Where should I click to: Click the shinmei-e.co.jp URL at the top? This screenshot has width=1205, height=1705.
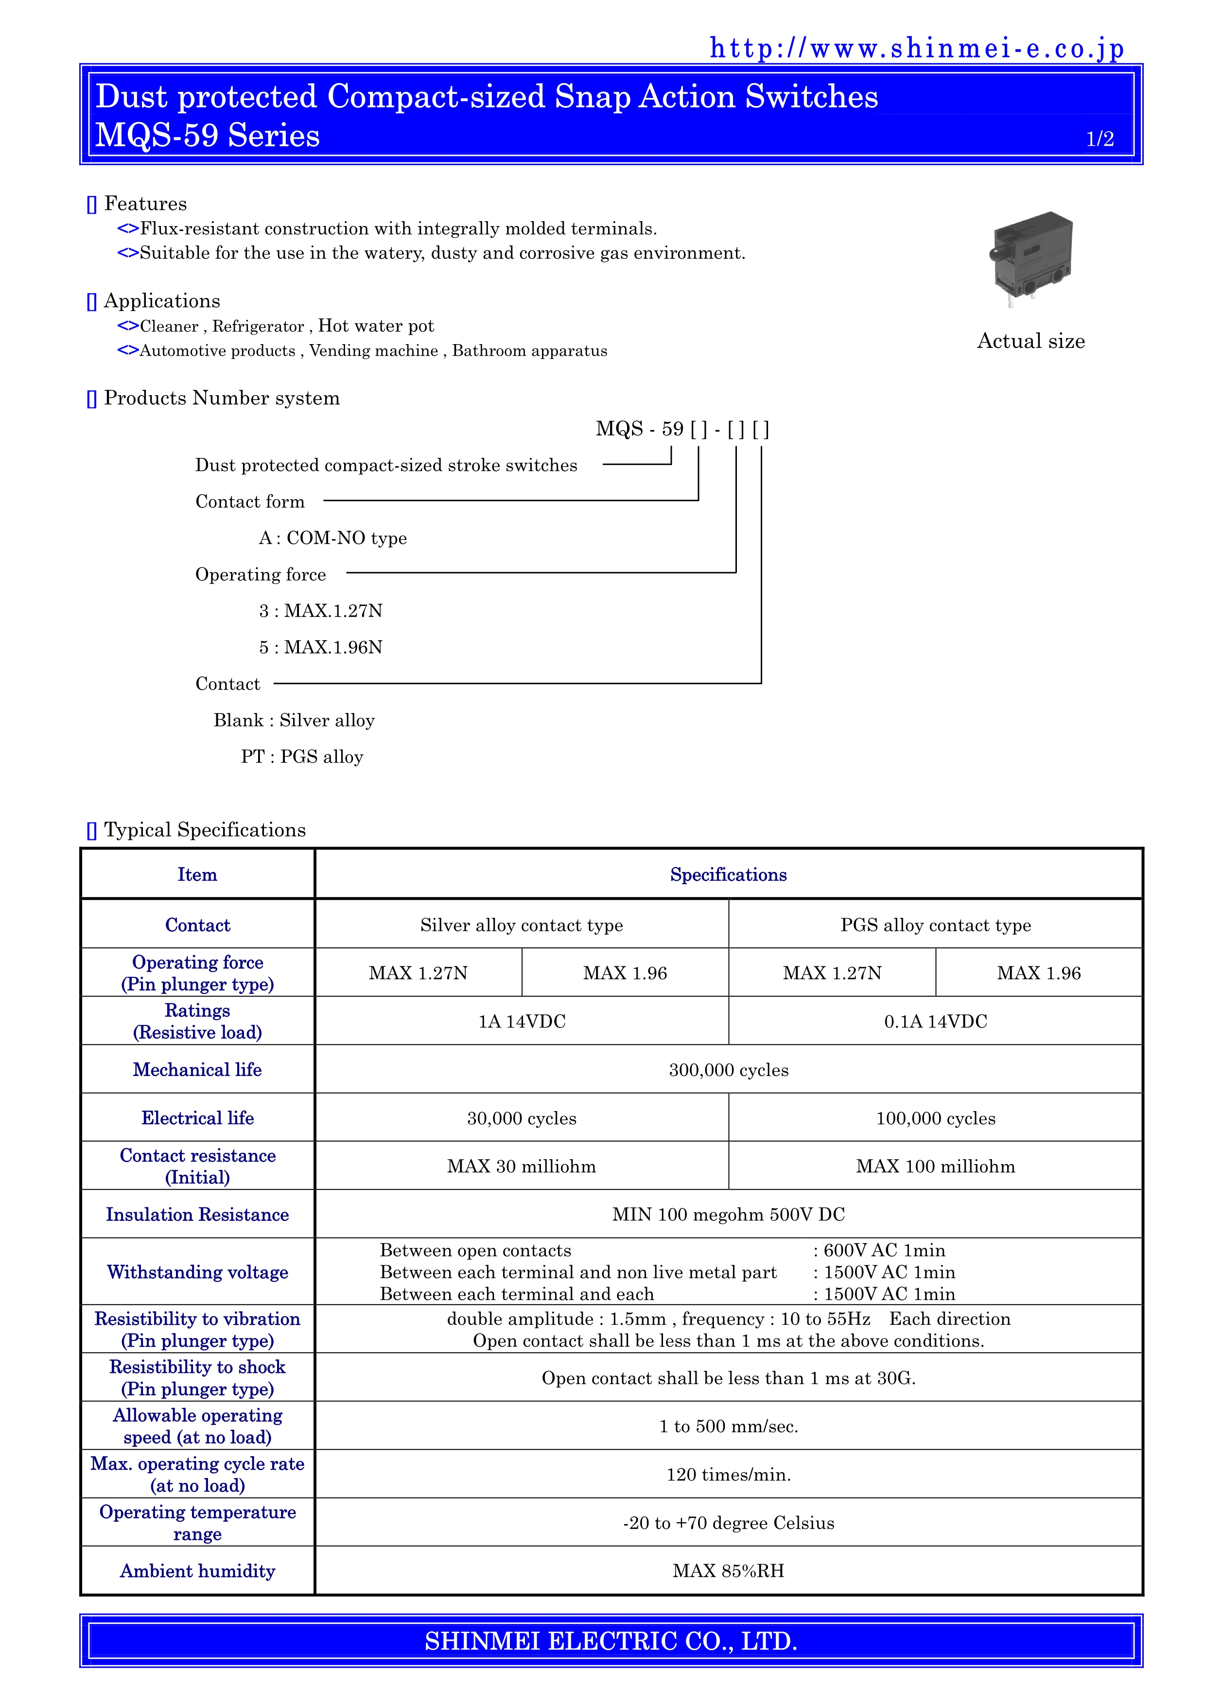pos(916,49)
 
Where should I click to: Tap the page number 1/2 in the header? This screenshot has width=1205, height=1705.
pos(1100,139)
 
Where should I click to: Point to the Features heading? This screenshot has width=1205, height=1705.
pos(145,204)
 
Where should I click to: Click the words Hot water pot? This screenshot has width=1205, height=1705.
pos(376,326)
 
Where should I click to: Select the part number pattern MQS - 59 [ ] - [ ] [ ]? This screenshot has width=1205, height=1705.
pos(682,429)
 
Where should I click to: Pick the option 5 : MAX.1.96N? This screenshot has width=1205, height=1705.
pos(321,647)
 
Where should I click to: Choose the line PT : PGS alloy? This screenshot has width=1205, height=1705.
pos(302,757)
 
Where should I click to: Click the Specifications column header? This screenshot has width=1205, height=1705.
pos(728,875)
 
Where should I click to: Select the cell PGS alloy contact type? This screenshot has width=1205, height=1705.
pos(936,925)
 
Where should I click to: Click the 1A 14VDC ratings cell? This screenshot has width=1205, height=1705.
pos(522,1022)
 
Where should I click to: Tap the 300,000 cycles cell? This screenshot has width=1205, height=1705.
pos(728,1070)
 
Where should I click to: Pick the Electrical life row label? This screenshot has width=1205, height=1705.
pos(197,1118)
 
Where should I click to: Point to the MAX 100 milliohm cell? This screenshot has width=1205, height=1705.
pos(936,1166)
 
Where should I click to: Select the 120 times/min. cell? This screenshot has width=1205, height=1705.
pos(728,1475)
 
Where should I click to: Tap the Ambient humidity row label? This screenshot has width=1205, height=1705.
pos(197,1571)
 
